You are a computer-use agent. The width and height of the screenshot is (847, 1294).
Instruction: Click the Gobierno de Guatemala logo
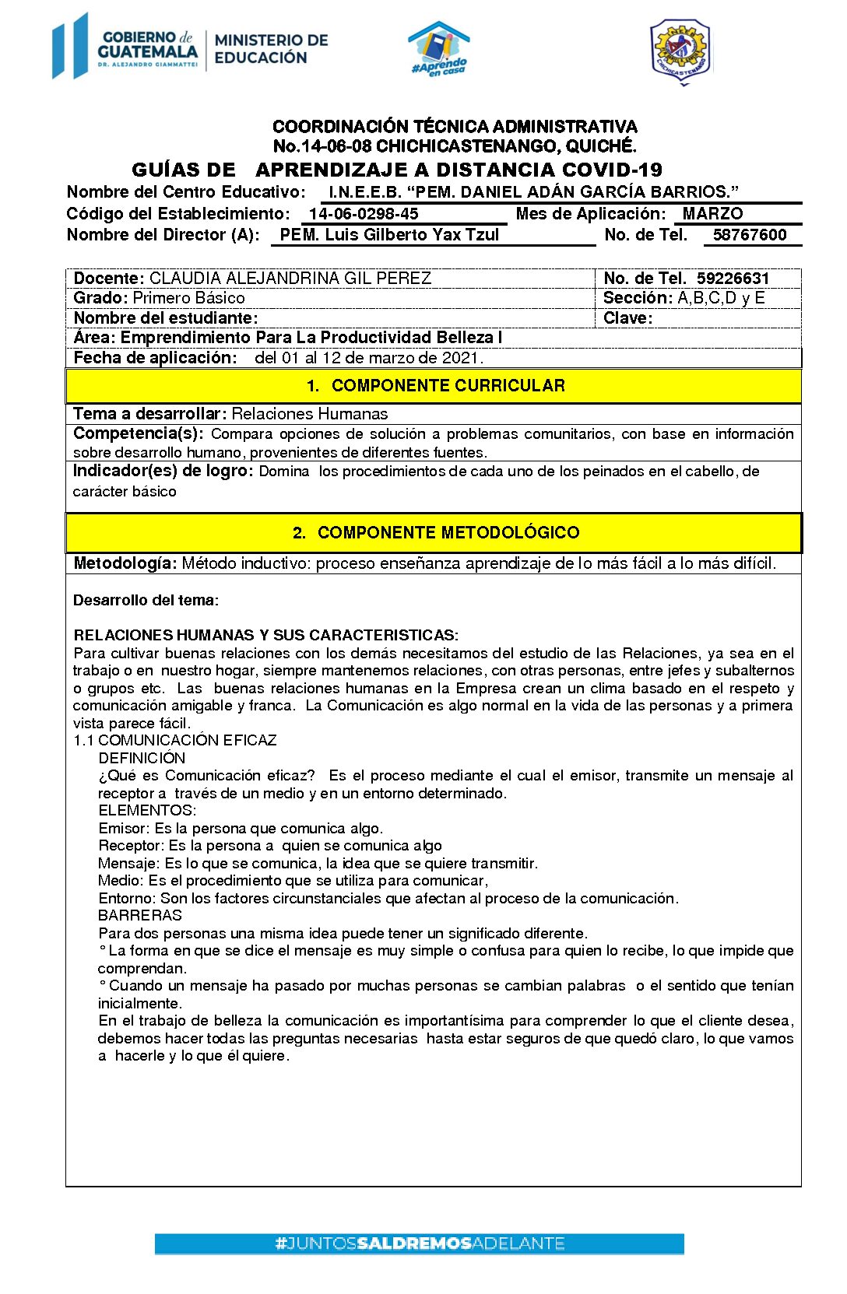coord(125,47)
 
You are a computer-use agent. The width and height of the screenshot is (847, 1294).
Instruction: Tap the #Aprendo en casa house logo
coord(440,49)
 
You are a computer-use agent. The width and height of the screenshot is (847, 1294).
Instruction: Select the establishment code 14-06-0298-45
coord(364,214)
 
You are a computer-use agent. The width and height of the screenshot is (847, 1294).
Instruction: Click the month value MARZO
coord(712,214)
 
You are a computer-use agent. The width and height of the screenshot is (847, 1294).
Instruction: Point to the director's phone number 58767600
coord(750,235)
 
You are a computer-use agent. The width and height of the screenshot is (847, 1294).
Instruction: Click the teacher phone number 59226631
coord(733,279)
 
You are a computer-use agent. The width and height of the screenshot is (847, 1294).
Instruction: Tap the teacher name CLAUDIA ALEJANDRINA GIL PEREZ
coord(290,279)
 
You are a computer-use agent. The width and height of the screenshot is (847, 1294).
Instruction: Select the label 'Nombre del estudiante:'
coord(166,318)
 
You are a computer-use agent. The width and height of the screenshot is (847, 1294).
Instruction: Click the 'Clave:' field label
coord(627,318)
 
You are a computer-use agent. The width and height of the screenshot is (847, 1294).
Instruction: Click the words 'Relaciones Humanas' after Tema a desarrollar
coord(310,414)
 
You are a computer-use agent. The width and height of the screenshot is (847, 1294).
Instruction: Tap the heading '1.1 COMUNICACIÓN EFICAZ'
coord(175,741)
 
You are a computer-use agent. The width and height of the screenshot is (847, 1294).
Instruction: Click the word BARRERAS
coord(140,916)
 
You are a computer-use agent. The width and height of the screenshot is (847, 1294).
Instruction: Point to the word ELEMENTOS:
coord(147,811)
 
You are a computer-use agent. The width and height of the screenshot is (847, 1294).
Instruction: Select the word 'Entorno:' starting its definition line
coord(128,899)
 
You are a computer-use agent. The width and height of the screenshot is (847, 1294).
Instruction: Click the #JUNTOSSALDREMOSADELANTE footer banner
coord(420,1243)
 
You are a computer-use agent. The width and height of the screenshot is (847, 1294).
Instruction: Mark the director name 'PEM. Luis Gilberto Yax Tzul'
coord(389,235)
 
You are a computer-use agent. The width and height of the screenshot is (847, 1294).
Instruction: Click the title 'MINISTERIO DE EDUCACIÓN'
coord(271,48)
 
